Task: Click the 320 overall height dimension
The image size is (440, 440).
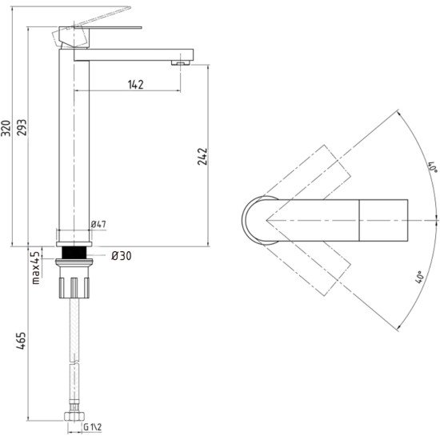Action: tap(6, 128)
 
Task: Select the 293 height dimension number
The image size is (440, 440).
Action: tap(22, 128)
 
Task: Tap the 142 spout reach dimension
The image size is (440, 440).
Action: tap(136, 85)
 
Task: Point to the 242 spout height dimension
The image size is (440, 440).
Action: tap(202, 156)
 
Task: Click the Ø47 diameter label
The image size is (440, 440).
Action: tap(98, 224)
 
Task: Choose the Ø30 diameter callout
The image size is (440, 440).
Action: tap(122, 256)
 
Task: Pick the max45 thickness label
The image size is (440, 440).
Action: tap(36, 268)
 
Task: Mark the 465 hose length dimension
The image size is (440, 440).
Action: tap(21, 341)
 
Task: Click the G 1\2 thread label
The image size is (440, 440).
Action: tap(93, 427)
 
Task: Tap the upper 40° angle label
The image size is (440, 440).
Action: tap(433, 166)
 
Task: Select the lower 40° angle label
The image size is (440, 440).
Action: tap(418, 278)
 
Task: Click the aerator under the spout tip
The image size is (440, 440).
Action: tap(181, 63)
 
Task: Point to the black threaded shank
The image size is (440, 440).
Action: tap(74, 253)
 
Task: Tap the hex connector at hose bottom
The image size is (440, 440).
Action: tap(74, 417)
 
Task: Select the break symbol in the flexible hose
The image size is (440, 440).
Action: tap(74, 362)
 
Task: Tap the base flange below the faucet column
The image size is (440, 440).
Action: tap(74, 244)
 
